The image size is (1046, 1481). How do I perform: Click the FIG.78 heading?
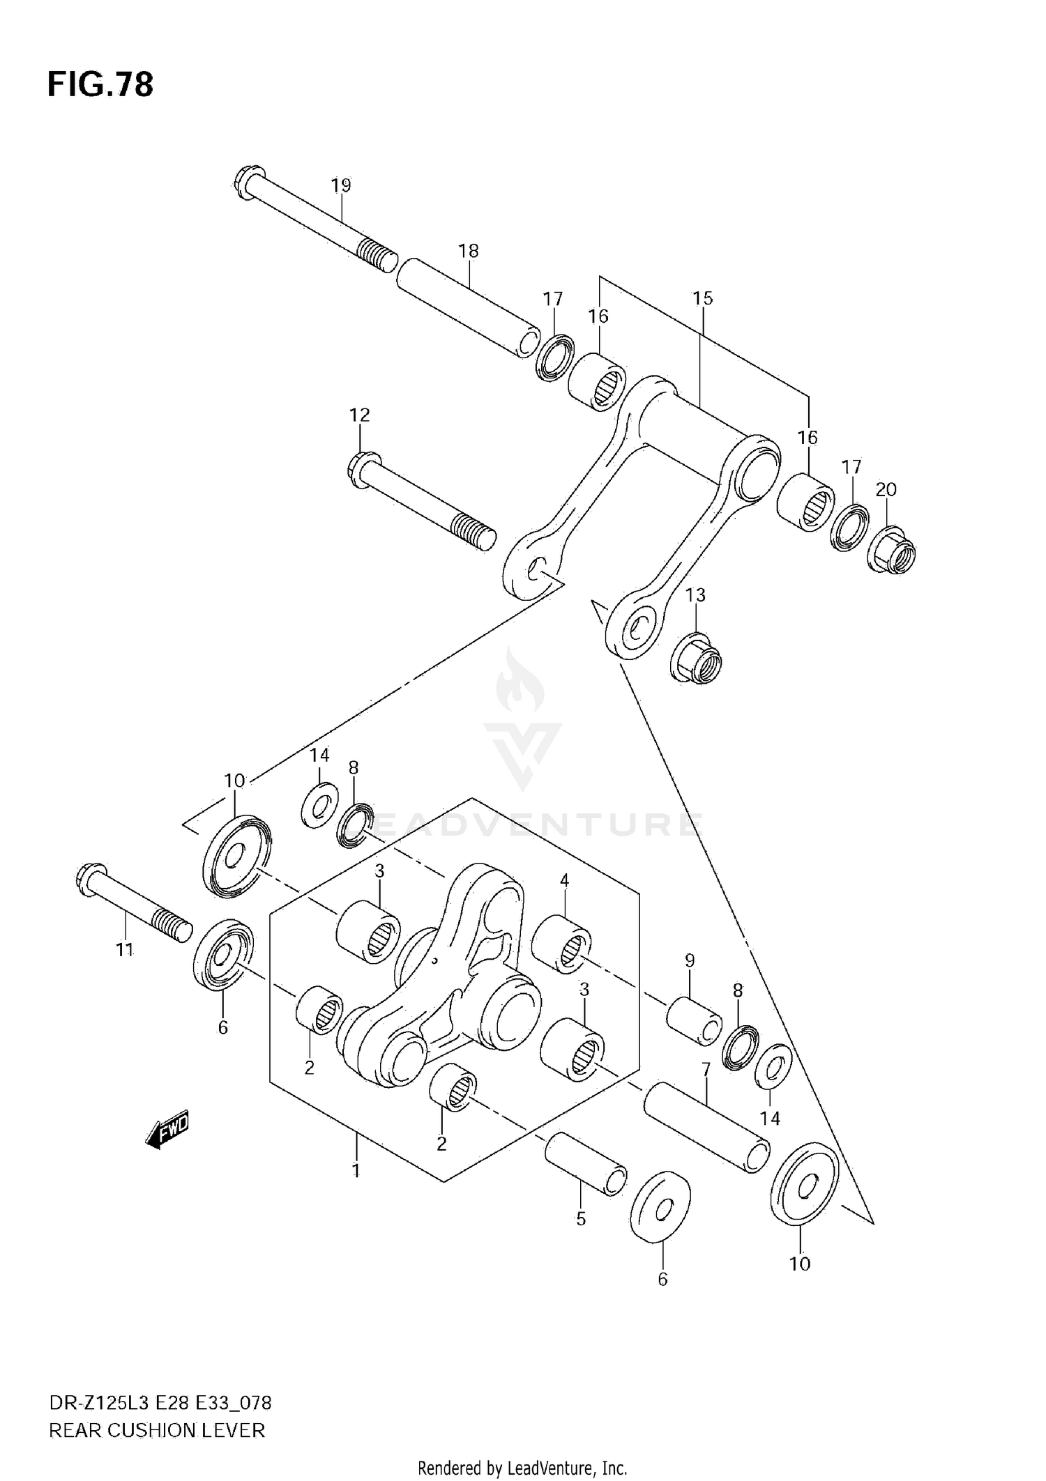(x=100, y=84)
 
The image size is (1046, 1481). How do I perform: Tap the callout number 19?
(x=341, y=185)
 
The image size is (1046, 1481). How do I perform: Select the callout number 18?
(x=469, y=251)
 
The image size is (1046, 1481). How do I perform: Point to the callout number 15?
(x=702, y=298)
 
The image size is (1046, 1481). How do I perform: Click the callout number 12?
(x=359, y=415)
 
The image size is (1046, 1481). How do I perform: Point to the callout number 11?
(x=125, y=949)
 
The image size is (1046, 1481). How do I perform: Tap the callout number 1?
(x=356, y=1170)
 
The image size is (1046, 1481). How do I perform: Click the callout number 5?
(x=581, y=1219)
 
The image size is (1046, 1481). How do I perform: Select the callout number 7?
(x=706, y=1069)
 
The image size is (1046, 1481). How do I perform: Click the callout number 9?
(x=690, y=961)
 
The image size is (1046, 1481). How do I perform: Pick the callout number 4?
(x=564, y=881)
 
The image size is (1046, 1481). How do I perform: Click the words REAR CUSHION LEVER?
(x=157, y=1431)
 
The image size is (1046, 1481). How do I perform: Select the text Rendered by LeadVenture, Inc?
(x=522, y=1468)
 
